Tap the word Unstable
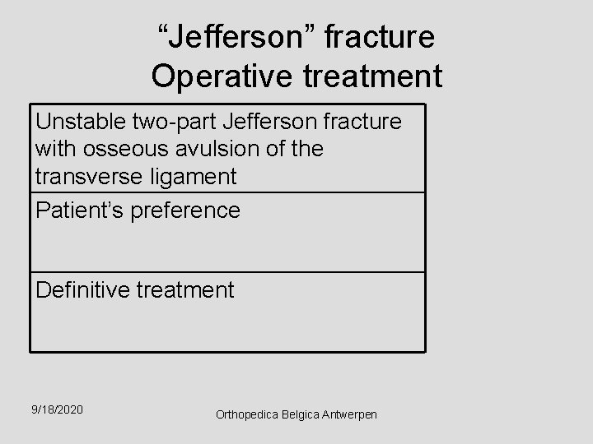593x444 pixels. [79, 122]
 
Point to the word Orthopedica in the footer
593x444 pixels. [245, 415]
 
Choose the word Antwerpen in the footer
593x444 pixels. [353, 415]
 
